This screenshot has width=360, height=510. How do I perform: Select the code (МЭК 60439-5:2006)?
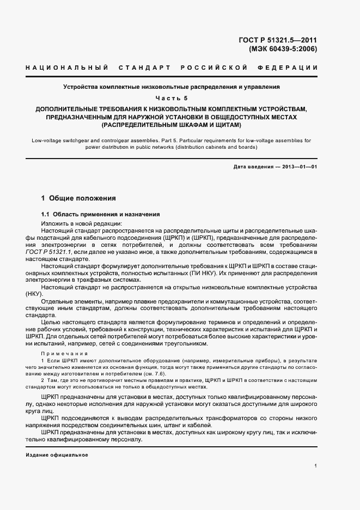click(283, 48)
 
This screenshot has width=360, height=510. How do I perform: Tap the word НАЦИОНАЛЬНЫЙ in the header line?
click(65, 68)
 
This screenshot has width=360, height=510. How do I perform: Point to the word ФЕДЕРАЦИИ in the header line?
click(292, 68)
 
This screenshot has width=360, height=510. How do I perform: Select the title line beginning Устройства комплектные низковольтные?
click(171, 87)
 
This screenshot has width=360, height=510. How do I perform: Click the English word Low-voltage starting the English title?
click(46, 140)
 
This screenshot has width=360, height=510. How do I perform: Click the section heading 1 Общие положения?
click(78, 198)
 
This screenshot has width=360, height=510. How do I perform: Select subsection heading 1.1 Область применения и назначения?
click(100, 214)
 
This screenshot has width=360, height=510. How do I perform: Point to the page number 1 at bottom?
click(316, 466)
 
